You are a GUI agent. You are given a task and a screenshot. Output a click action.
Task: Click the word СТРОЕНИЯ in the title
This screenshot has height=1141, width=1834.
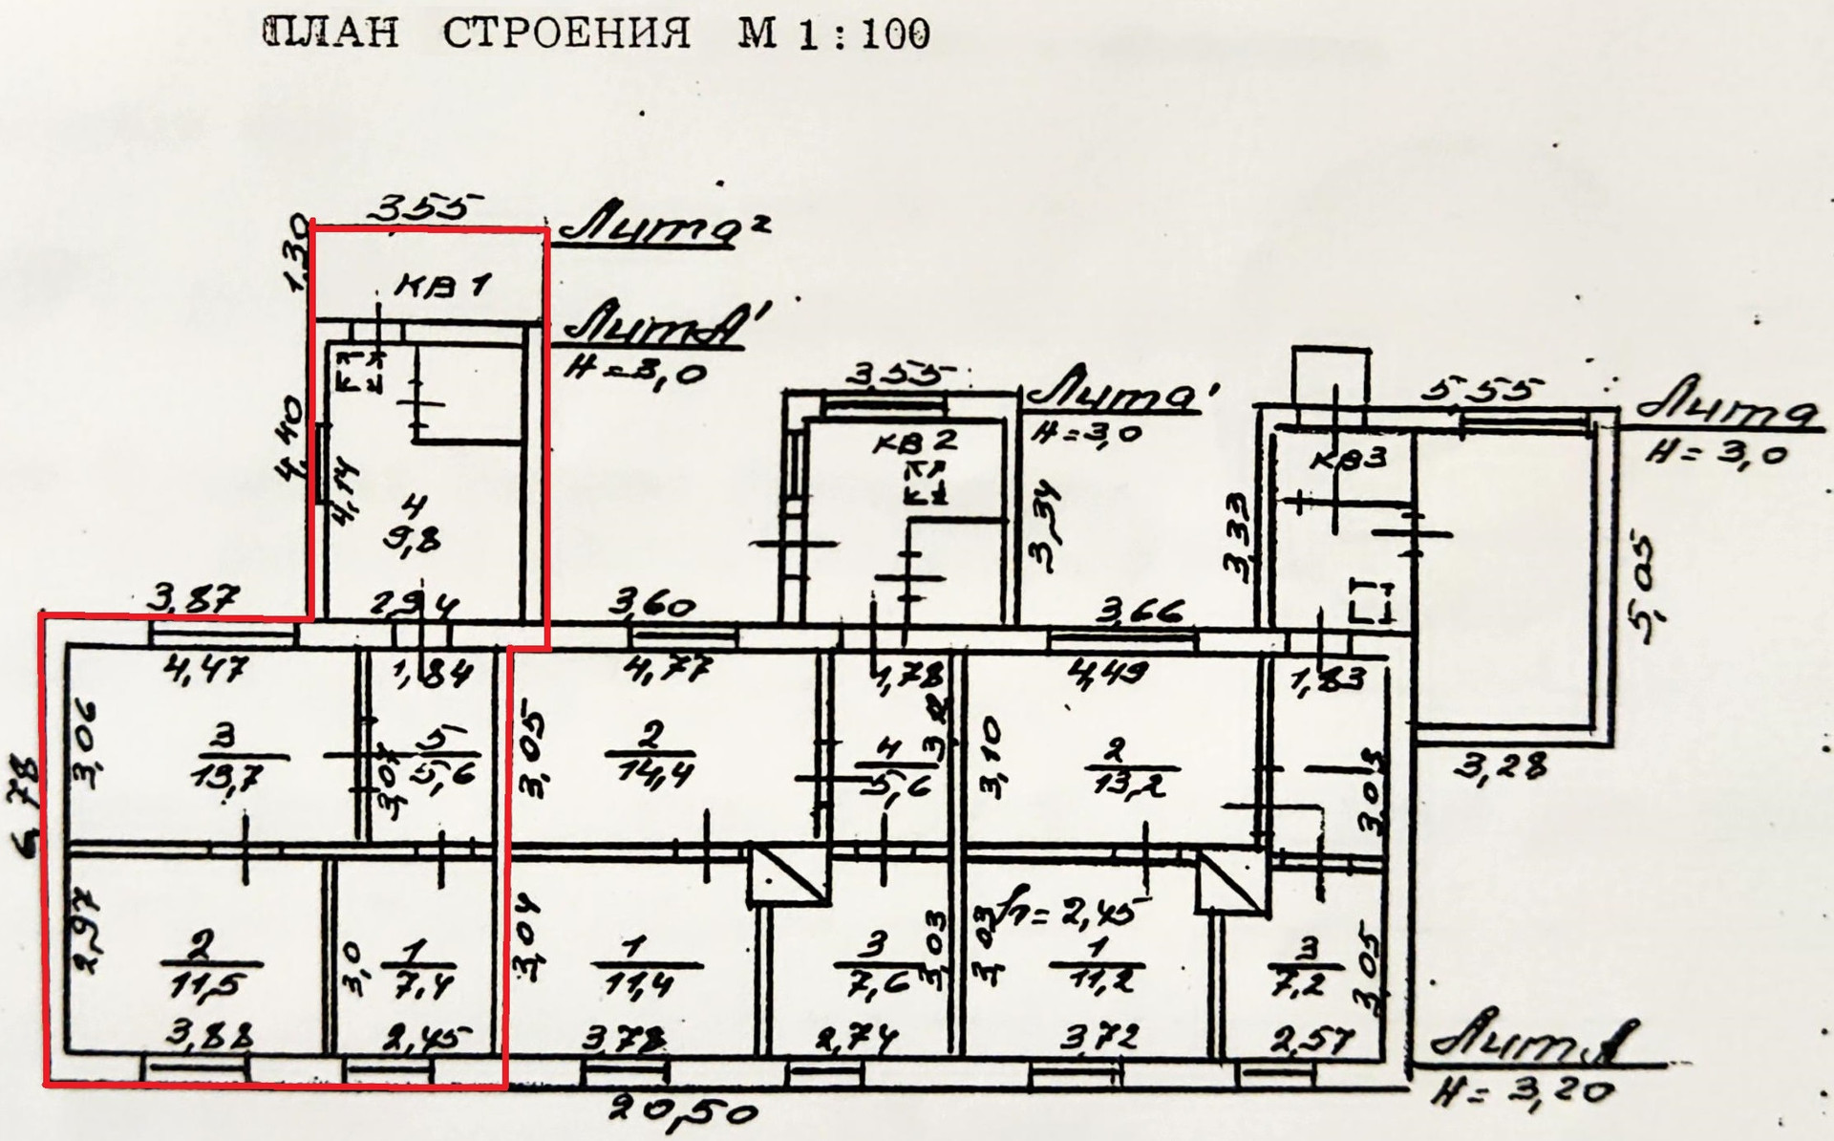click(x=566, y=35)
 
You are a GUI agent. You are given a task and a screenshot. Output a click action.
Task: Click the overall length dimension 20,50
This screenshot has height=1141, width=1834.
click(x=687, y=1110)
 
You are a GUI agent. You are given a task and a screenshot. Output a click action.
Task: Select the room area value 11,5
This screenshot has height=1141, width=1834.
click(x=201, y=985)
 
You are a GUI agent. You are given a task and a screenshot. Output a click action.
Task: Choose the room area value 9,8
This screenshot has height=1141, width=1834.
click(x=413, y=540)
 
